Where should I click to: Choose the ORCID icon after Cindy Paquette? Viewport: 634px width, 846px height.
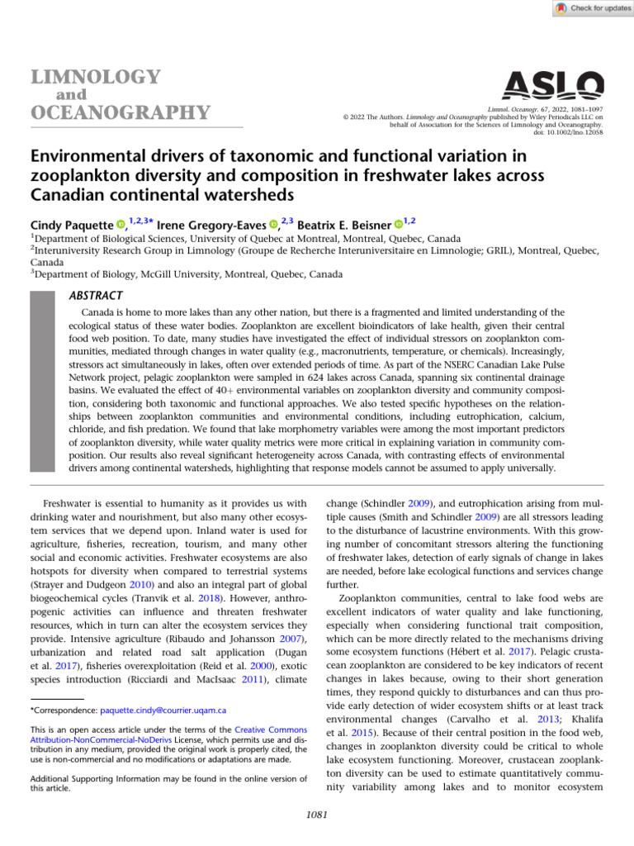120,224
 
